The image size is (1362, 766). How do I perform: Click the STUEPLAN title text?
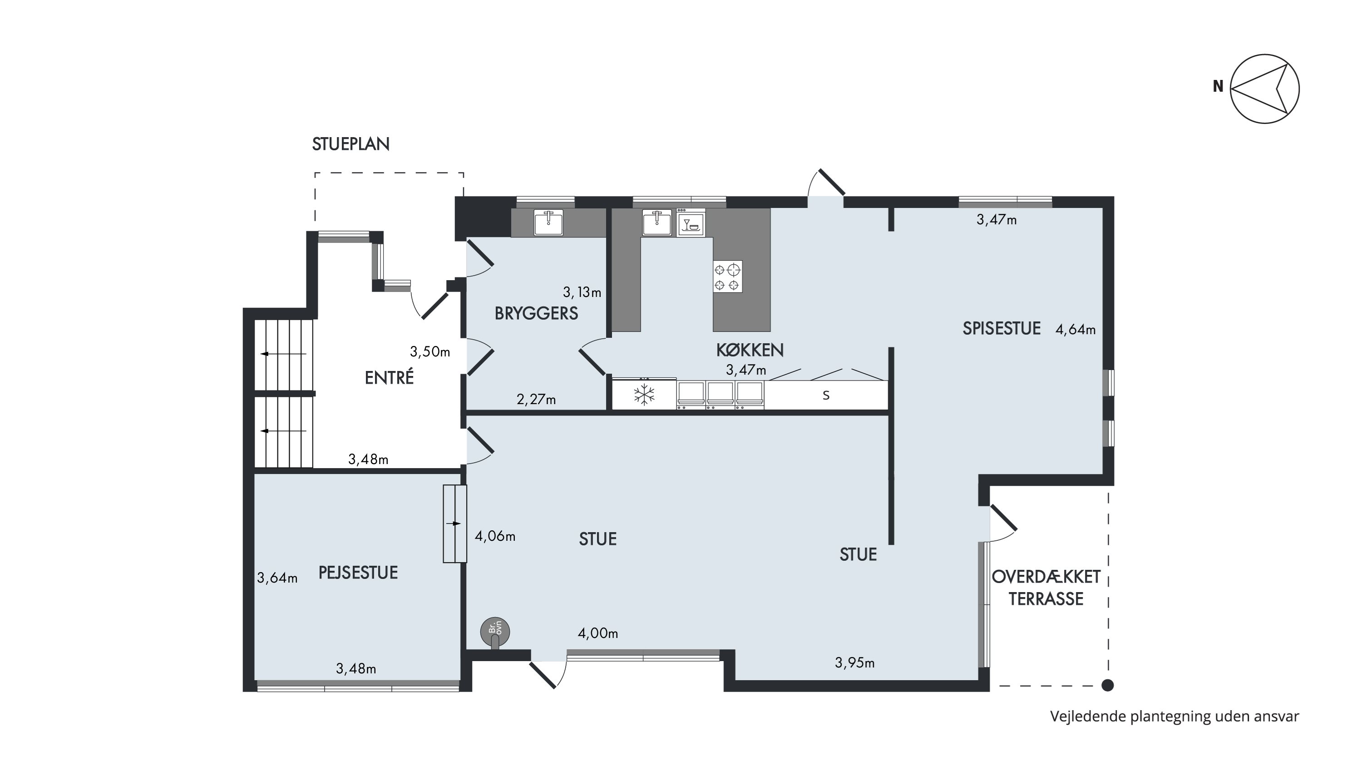point(350,144)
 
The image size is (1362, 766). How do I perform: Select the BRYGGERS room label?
point(536,313)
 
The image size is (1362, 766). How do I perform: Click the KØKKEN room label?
point(750,350)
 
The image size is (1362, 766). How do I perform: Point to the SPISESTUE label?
point(1002,328)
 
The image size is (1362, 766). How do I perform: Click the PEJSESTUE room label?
point(358,573)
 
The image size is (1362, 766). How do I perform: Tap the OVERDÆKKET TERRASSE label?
point(1046,587)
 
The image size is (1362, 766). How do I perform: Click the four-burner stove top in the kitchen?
point(727,277)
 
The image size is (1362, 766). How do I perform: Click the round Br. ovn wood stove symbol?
point(495,631)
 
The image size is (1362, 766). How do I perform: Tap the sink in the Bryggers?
point(548,222)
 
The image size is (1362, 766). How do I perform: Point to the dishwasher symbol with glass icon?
point(691,222)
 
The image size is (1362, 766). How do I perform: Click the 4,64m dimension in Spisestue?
point(1076,330)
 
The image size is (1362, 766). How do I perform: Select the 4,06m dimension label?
point(495,537)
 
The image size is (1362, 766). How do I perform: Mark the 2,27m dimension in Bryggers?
point(536,399)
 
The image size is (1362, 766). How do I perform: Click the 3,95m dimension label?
point(854,662)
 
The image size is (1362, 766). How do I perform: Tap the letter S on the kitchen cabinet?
point(826,395)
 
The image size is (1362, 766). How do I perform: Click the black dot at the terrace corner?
point(1107,686)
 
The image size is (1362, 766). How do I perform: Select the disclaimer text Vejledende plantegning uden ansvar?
point(1174,717)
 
